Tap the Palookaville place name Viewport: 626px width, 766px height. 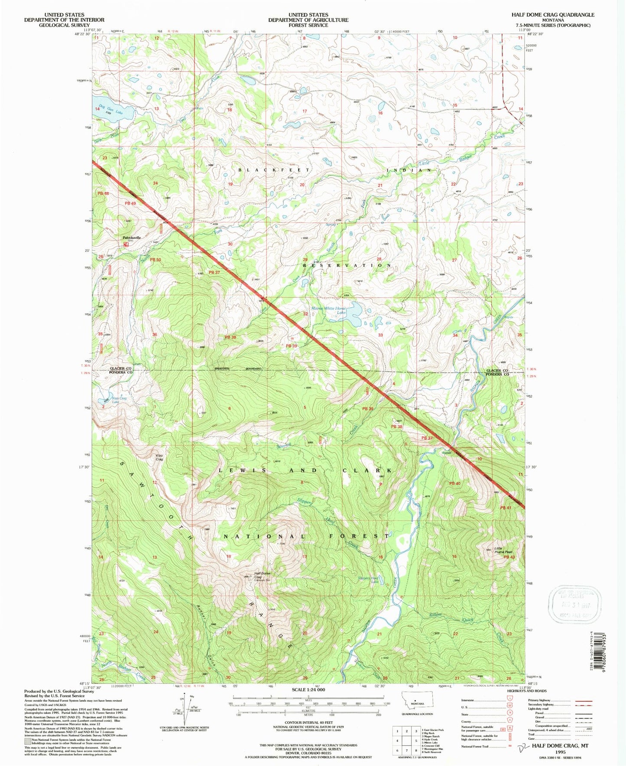pyautogui.click(x=132, y=238)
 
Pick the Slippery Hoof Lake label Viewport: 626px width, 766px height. pyautogui.click(x=368, y=580)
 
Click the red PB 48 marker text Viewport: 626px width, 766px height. pyautogui.click(x=103, y=193)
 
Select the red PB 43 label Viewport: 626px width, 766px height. pyautogui.click(x=509, y=557)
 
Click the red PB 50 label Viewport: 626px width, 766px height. pyautogui.click(x=155, y=259)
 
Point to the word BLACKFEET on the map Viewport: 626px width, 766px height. pyautogui.click(x=274, y=170)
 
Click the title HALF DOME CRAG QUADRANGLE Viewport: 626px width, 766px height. pyautogui.click(x=552, y=15)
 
